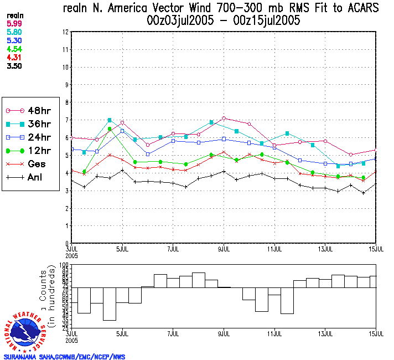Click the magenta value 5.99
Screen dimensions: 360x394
pyautogui.click(x=14, y=23)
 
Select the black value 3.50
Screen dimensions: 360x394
pyautogui.click(x=14, y=65)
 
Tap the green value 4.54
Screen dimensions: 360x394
pyautogui.click(x=14, y=49)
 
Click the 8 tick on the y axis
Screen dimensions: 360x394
pyautogui.click(x=66, y=102)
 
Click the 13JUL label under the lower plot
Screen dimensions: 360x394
pyautogui.click(x=325, y=335)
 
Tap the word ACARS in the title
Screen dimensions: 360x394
pyautogui.click(x=361, y=8)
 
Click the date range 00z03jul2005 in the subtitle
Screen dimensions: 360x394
pyautogui.click(x=177, y=21)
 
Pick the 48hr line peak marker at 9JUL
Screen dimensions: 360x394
pyautogui.click(x=224, y=118)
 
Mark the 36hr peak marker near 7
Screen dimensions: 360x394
pyautogui.click(x=110, y=120)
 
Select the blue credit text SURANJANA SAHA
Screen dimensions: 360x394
pyautogui.click(x=33, y=356)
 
